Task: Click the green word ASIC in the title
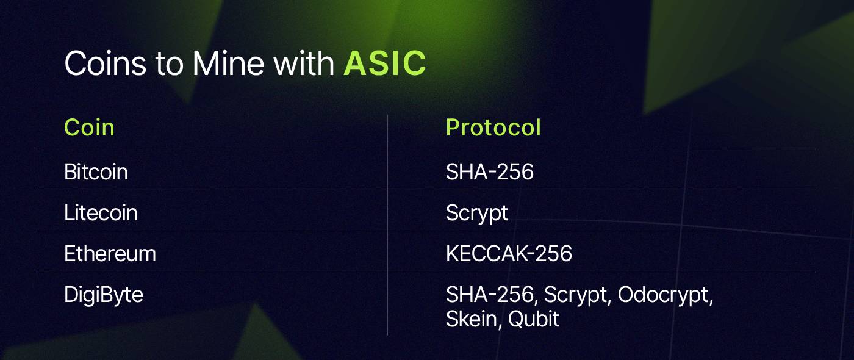(385, 63)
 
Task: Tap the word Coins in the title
(105, 63)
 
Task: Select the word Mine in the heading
(228, 63)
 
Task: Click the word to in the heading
(170, 64)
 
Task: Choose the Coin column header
(89, 128)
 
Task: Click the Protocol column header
(493, 128)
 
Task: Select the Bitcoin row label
(96, 171)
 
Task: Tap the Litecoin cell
(101, 212)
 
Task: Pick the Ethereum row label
(110, 254)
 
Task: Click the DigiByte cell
(103, 295)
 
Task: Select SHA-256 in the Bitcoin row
(489, 171)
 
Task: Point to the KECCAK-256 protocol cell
(509, 254)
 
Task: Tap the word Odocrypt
(666, 295)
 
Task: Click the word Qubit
(533, 319)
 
